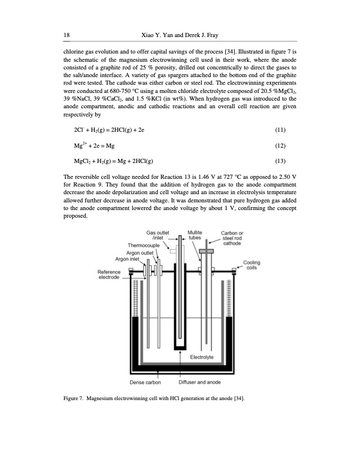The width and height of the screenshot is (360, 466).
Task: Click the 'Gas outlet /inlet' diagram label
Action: click(158, 235)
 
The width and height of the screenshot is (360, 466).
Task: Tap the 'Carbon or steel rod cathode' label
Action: click(236, 239)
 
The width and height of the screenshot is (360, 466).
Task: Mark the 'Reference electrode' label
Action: click(109, 275)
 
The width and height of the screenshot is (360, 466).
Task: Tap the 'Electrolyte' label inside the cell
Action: click(202, 357)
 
